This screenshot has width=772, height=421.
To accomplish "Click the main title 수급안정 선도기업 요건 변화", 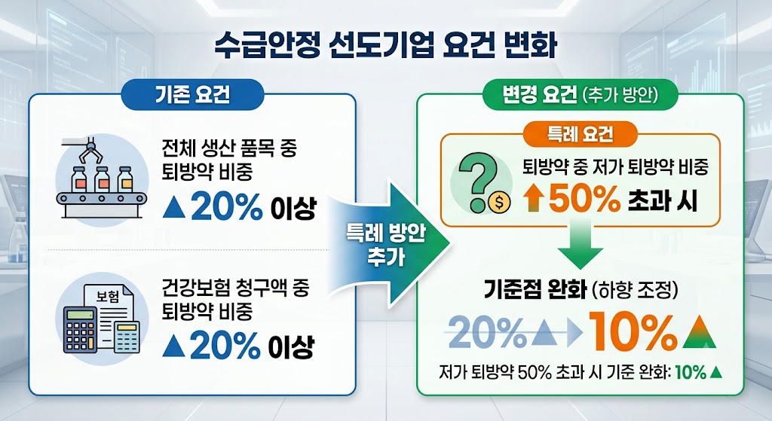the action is (x=385, y=45).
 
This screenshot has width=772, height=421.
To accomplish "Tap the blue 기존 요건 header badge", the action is (x=192, y=94).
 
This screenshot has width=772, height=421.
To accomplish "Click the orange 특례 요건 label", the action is (x=581, y=134).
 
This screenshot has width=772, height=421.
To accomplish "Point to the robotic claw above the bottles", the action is (x=90, y=151).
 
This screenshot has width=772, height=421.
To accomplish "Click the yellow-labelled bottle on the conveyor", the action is (x=126, y=179).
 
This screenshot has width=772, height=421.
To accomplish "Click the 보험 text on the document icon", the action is (x=108, y=296).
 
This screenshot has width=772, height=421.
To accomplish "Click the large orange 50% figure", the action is (x=584, y=199).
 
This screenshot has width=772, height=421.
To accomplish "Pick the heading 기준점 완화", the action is (x=535, y=290).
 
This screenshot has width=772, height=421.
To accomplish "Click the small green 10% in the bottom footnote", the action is (x=691, y=372).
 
